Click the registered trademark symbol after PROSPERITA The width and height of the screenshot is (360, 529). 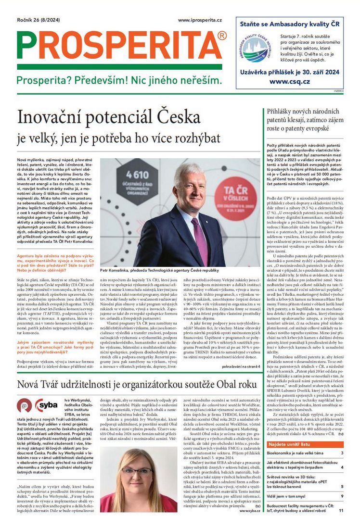(222, 36)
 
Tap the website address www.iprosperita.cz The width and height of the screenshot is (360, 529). (200, 20)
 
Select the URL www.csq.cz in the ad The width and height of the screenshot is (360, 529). (289, 82)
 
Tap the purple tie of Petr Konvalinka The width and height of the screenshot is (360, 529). (199, 239)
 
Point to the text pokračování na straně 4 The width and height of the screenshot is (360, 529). (240, 366)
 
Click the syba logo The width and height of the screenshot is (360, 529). (46, 405)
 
